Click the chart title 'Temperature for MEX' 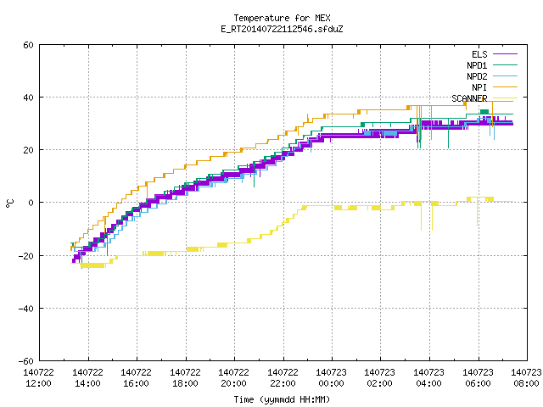pos(282,18)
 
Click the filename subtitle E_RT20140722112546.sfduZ pos(282,29)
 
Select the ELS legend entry pos(495,54)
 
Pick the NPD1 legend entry pos(492,65)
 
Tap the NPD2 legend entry pos(492,76)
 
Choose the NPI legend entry pos(495,87)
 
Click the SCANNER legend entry pos(484,98)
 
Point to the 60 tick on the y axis pos(28,45)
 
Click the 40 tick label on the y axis pos(28,98)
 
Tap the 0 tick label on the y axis pos(31,203)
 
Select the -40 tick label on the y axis pos(26,309)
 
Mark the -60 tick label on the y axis pos(26,361)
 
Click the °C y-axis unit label pos(9,203)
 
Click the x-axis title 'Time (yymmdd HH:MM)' pos(282,399)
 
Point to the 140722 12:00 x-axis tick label pos(38,377)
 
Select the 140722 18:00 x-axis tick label pos(185,377)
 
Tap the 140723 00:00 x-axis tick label pos(331,377)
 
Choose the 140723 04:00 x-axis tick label pos(428,377)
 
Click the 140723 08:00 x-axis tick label pos(526,377)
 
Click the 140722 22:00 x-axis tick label pos(283,377)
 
